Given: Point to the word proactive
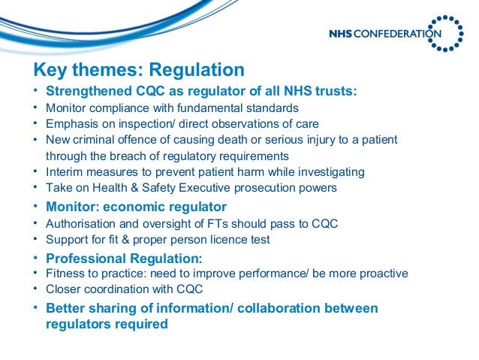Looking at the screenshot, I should pyautogui.click(x=381, y=273).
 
